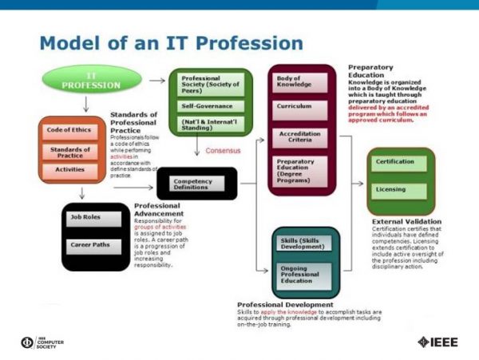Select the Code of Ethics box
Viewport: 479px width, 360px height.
[71, 130]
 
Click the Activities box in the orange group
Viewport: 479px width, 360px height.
[71, 169]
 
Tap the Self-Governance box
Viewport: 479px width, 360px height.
[211, 105]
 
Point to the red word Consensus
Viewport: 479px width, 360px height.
[223, 149]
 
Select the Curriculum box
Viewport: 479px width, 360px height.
[301, 105]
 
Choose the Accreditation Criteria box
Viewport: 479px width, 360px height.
[301, 136]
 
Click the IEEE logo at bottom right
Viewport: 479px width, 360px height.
[437, 342]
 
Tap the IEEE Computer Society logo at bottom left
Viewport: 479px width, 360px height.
[44, 342]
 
